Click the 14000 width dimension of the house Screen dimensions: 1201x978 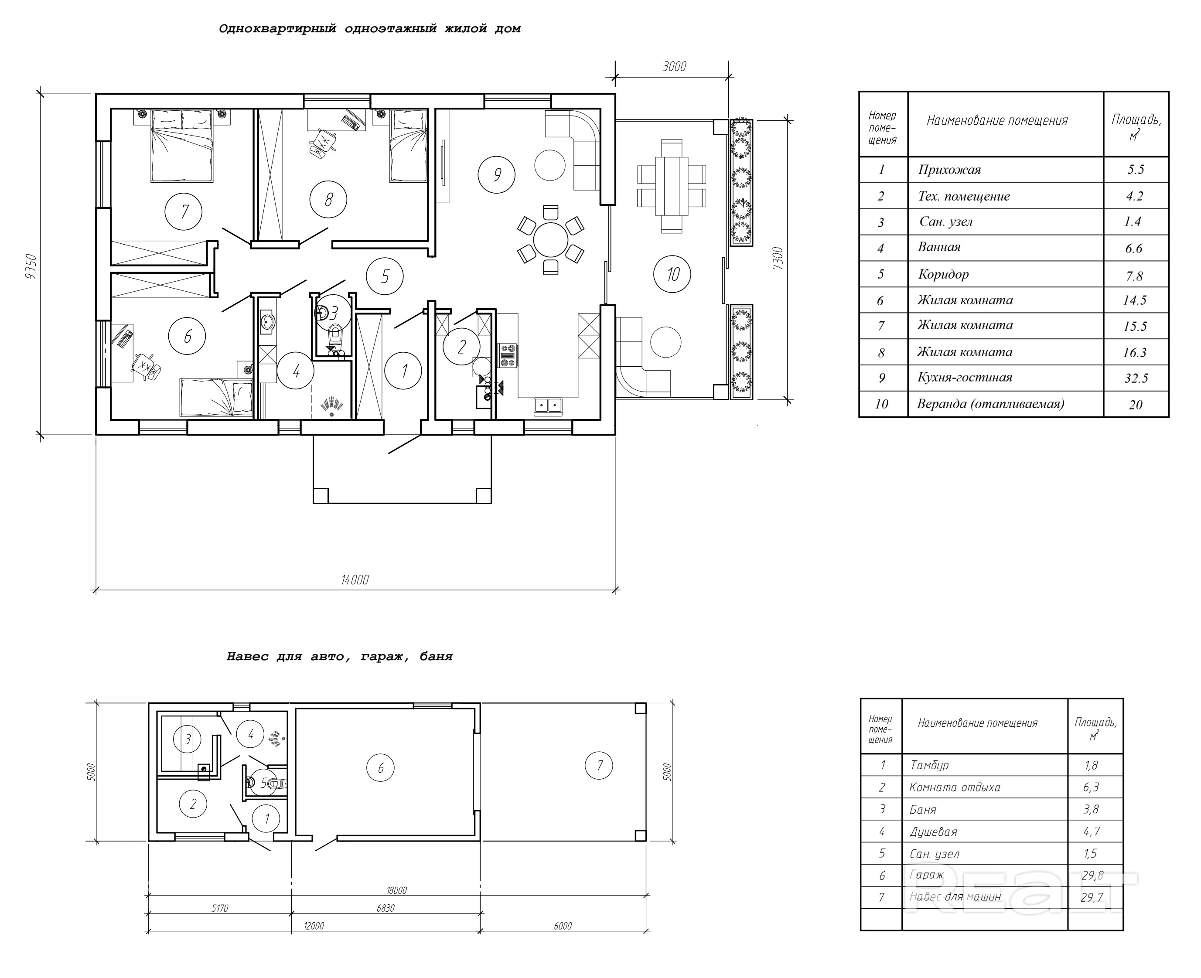[x=355, y=580]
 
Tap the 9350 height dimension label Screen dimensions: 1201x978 [x=31, y=266]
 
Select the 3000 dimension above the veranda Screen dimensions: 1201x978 [x=674, y=66]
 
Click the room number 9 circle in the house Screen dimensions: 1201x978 [x=496, y=175]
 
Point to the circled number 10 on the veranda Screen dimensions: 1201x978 [x=672, y=274]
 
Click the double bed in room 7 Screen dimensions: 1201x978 [x=182, y=146]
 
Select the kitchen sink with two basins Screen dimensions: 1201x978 [x=548, y=406]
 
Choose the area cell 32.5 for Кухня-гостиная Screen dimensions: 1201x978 [x=1136, y=378]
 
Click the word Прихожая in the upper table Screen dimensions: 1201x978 [x=949, y=170]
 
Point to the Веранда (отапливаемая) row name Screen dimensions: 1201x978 [x=990, y=404]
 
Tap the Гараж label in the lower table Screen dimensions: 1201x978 [x=926, y=875]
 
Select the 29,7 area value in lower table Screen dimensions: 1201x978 [x=1092, y=897]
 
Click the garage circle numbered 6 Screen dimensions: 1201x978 [x=380, y=767]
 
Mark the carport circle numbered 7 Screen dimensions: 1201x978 [x=599, y=765]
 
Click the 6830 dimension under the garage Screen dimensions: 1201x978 [x=386, y=908]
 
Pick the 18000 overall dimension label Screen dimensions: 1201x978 [x=396, y=891]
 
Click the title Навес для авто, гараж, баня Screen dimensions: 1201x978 [x=339, y=656]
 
